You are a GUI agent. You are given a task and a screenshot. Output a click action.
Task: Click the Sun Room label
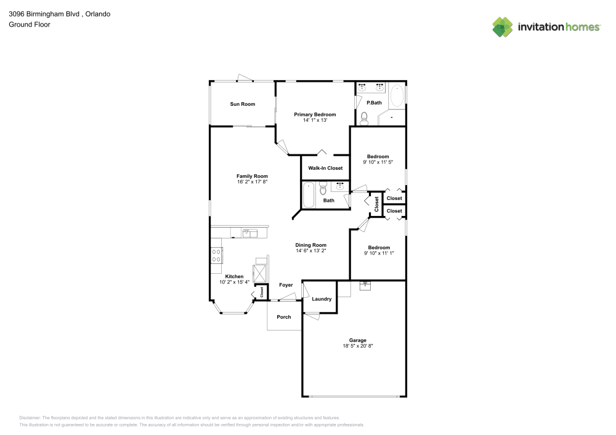242,104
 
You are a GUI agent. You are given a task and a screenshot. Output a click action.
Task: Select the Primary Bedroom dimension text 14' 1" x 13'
314,121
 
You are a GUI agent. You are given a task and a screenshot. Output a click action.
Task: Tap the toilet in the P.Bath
364,119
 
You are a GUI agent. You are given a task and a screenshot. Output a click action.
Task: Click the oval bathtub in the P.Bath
397,97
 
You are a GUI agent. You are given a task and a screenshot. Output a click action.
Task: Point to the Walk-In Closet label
325,168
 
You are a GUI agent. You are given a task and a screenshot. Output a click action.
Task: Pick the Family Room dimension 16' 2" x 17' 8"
252,182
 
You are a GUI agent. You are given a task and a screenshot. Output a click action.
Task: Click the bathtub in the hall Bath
309,195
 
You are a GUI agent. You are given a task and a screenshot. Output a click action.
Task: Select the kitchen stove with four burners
216,256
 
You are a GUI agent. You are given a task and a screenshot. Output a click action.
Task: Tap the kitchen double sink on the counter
250,233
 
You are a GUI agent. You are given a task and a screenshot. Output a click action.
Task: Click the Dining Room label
310,245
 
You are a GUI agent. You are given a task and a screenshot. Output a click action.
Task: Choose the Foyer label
286,285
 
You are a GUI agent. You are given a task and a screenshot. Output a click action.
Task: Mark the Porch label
283,317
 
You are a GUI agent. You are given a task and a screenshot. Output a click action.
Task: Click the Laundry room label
322,299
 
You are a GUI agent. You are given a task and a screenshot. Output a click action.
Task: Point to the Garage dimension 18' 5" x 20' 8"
358,346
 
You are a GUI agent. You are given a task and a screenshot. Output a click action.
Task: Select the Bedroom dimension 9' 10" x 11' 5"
378,162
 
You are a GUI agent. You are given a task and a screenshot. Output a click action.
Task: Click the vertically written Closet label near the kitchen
262,292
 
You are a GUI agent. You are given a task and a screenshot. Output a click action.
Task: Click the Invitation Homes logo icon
503,27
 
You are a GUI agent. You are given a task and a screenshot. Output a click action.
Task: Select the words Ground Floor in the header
30,25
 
